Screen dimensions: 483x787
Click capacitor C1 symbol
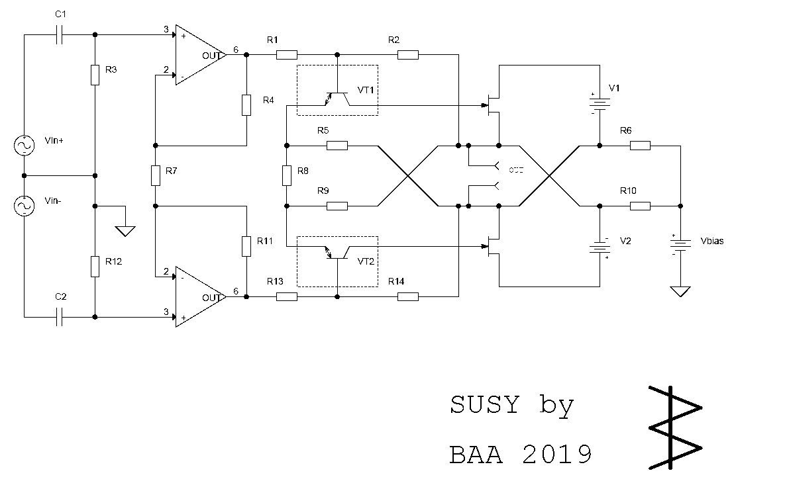click(x=60, y=34)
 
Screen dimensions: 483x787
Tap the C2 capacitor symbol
click(x=60, y=318)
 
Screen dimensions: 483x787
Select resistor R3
click(x=95, y=75)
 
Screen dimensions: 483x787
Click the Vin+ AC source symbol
click(x=25, y=145)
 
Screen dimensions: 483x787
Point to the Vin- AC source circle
click(x=25, y=206)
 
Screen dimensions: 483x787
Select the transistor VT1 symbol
click(x=337, y=98)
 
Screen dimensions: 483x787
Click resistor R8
click(x=286, y=175)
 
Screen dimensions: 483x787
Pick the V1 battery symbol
click(x=600, y=104)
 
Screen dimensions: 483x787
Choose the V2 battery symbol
click(x=600, y=247)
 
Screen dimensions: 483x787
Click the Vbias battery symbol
click(x=680, y=245)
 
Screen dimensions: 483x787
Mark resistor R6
click(x=640, y=146)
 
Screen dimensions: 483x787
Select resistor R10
click(x=640, y=206)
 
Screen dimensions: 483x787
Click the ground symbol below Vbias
click(x=680, y=291)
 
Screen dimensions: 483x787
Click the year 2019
click(x=557, y=455)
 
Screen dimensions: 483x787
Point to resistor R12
click(x=95, y=267)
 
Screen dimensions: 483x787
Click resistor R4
click(x=246, y=105)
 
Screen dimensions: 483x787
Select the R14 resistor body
click(x=408, y=297)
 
